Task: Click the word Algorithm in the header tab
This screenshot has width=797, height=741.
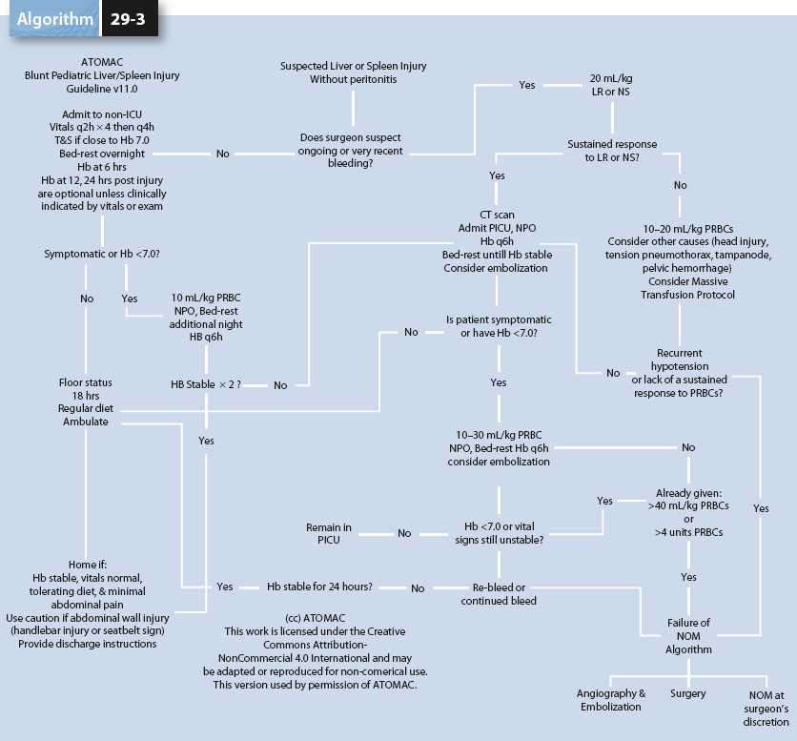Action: tap(54, 19)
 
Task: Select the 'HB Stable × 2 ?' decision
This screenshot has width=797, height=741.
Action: tap(206, 384)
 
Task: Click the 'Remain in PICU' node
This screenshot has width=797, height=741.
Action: tap(329, 533)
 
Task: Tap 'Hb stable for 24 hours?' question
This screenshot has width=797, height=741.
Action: tap(319, 587)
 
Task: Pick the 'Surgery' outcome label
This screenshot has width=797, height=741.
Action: tap(687, 693)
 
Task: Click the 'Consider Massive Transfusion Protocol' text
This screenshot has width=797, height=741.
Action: tap(679, 290)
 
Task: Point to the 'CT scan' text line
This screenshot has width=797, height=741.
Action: tap(498, 215)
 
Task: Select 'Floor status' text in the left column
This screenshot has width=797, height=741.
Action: tap(87, 383)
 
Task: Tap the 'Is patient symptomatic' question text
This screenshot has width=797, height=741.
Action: tap(499, 319)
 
